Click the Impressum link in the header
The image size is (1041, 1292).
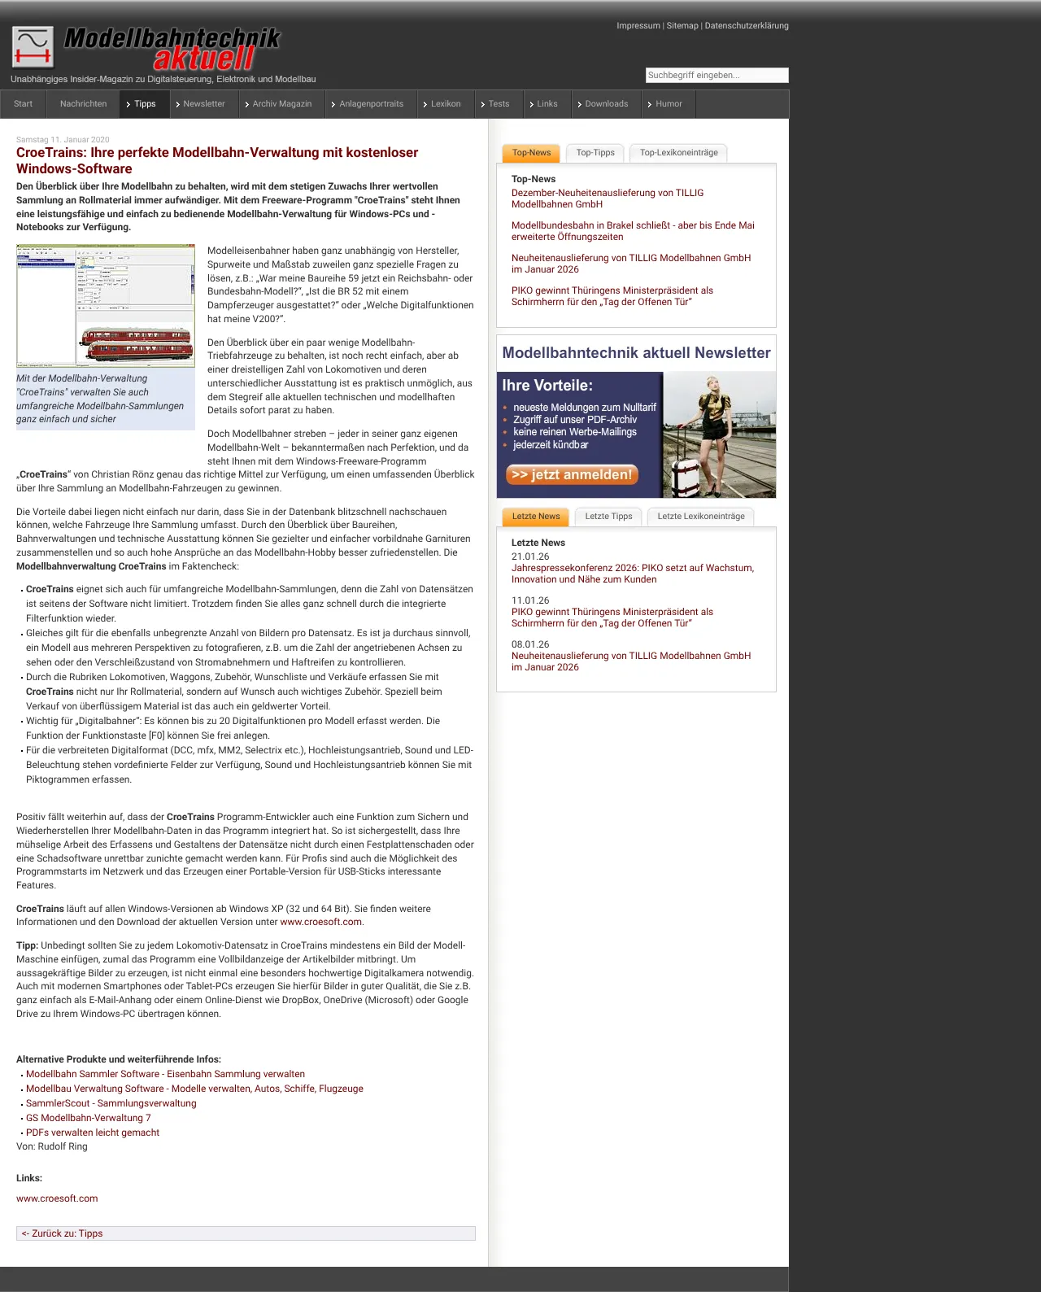[638, 26]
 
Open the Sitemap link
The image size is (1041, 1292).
[682, 26]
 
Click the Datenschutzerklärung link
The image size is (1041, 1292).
[747, 26]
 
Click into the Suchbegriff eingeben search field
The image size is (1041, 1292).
[717, 75]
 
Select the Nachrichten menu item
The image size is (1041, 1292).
[83, 104]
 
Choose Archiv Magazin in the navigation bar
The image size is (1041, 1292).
[281, 104]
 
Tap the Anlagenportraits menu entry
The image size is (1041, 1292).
[371, 104]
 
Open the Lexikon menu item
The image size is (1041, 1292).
[446, 104]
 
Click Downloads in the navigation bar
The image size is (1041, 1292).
[606, 104]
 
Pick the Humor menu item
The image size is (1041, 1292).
[669, 104]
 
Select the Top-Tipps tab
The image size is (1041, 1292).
[595, 153]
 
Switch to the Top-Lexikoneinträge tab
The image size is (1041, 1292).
[678, 153]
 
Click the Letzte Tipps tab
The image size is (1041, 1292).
[608, 517]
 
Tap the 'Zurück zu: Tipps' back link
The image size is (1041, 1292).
[63, 1233]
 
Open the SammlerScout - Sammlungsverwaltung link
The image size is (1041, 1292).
[111, 1103]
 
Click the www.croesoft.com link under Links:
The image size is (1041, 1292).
[57, 1198]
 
